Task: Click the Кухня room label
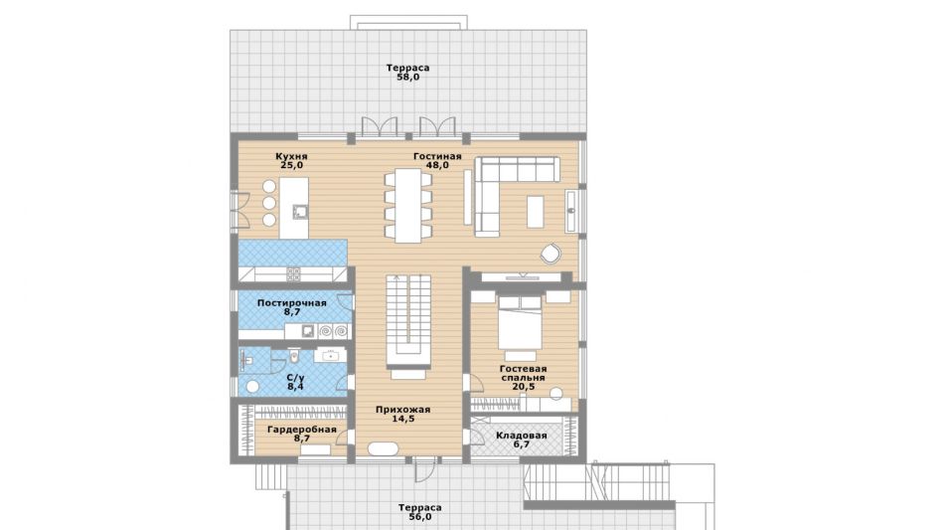click(291, 156)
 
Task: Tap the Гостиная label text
click(437, 156)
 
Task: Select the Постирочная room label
click(292, 302)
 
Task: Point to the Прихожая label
click(402, 410)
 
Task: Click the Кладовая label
click(522, 436)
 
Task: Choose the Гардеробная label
click(301, 430)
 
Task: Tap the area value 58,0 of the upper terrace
click(408, 78)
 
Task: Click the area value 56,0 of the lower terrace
click(419, 517)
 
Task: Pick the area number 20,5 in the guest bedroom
click(523, 387)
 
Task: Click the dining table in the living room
click(408, 205)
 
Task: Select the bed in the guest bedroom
click(520, 325)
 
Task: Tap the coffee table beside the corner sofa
click(536, 212)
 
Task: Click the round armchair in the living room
click(550, 254)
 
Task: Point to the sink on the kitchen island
click(300, 212)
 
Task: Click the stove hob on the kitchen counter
click(293, 274)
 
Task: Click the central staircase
click(408, 321)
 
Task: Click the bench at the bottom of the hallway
click(383, 449)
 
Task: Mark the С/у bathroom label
click(295, 378)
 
